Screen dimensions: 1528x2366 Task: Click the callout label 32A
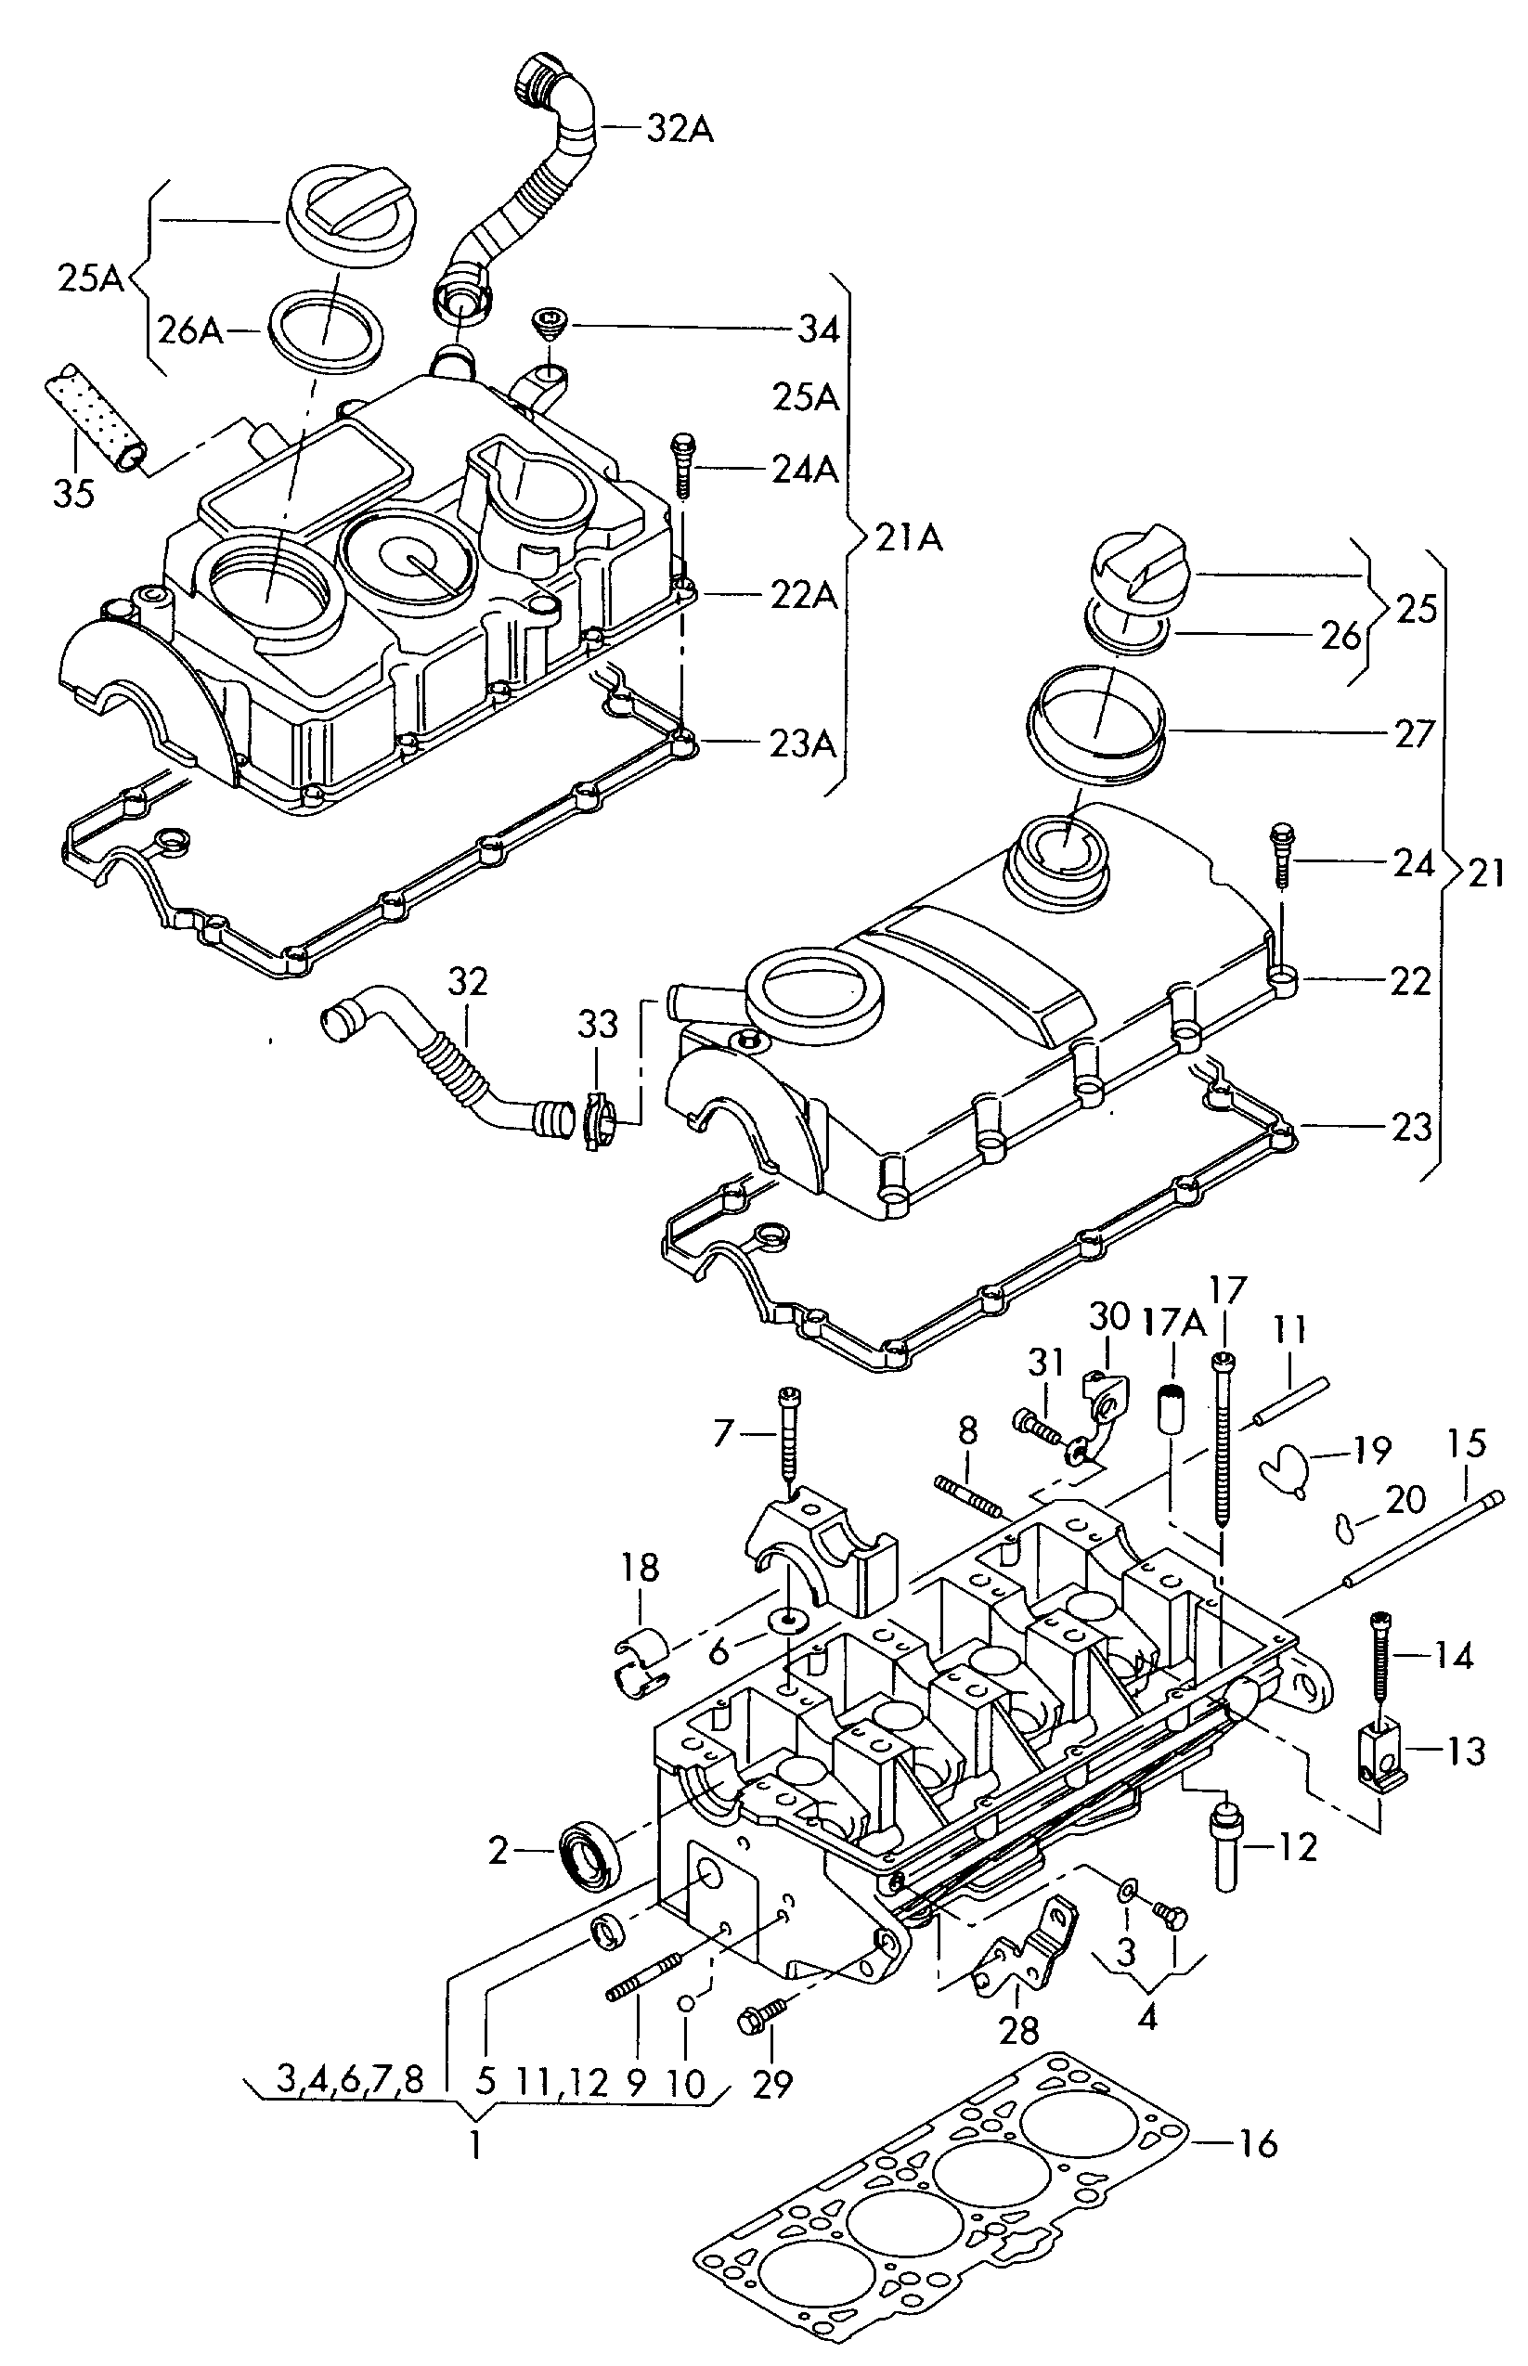680,128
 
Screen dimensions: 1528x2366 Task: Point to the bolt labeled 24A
682,465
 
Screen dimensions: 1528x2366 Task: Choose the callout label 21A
910,537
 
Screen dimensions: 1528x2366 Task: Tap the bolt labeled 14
1379,1662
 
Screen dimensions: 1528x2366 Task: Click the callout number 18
641,1568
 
